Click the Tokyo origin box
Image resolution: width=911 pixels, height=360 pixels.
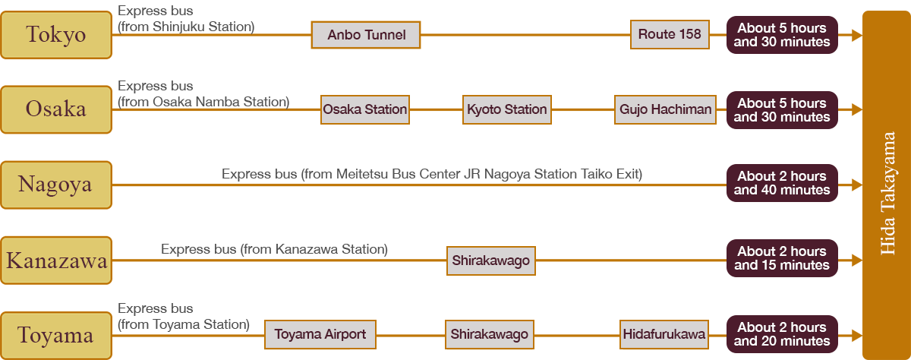point(56,35)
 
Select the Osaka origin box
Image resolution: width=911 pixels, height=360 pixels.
point(56,109)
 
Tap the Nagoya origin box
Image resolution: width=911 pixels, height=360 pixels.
point(56,185)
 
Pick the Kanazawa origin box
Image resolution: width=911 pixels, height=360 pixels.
point(56,261)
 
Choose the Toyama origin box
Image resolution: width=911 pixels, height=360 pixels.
point(56,335)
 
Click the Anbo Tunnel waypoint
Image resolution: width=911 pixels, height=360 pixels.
point(366,35)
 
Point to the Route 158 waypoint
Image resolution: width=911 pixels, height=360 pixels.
point(670,34)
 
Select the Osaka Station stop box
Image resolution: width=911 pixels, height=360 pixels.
point(365,109)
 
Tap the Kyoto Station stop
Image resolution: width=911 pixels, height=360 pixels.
point(506,109)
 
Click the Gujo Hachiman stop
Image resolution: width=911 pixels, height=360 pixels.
point(666,109)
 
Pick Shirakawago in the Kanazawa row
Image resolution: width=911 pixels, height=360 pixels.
point(490,261)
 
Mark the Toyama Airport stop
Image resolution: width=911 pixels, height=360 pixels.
point(320,334)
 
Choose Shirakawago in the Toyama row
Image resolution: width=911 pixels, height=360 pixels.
point(489,334)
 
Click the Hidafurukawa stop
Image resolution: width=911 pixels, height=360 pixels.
point(664,334)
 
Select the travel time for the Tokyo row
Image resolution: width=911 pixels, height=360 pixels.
point(782,35)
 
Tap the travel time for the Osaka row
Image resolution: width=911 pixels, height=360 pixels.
point(782,110)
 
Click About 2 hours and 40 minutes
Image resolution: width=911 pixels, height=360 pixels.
point(782,183)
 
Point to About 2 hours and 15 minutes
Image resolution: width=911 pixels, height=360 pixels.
point(782,258)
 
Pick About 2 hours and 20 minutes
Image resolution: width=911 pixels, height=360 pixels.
point(782,334)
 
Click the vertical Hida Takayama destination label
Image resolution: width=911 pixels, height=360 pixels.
point(888,194)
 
